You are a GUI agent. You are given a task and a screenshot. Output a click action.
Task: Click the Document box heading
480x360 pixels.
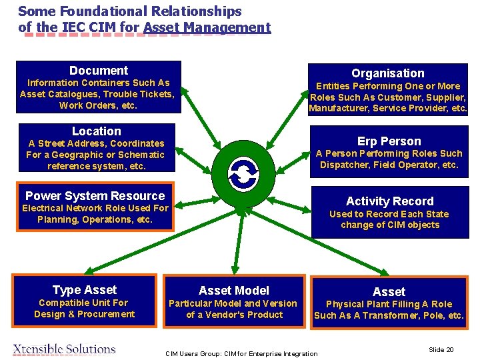(98, 70)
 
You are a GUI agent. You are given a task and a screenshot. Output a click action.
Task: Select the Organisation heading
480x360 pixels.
(387, 73)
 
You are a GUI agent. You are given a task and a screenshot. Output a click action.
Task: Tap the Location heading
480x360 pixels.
(97, 131)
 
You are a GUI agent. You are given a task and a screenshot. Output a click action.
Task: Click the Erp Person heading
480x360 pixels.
(389, 141)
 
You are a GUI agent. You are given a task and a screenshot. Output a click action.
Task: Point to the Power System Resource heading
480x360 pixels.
(95, 196)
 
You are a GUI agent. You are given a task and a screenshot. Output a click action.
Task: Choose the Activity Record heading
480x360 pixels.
(389, 201)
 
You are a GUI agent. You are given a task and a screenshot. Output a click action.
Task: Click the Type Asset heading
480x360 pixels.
(84, 290)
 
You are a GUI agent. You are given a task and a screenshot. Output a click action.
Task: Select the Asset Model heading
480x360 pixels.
(234, 291)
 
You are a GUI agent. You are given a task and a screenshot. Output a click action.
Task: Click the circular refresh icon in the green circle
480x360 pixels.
(243, 175)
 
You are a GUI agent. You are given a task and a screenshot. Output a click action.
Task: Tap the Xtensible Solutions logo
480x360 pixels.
(65, 349)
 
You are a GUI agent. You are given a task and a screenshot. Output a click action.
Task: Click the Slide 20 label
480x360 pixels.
(441, 349)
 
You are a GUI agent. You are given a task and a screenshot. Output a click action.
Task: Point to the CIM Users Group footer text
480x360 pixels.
(241, 353)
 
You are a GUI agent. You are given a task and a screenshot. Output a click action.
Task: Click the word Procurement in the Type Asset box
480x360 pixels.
(105, 314)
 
